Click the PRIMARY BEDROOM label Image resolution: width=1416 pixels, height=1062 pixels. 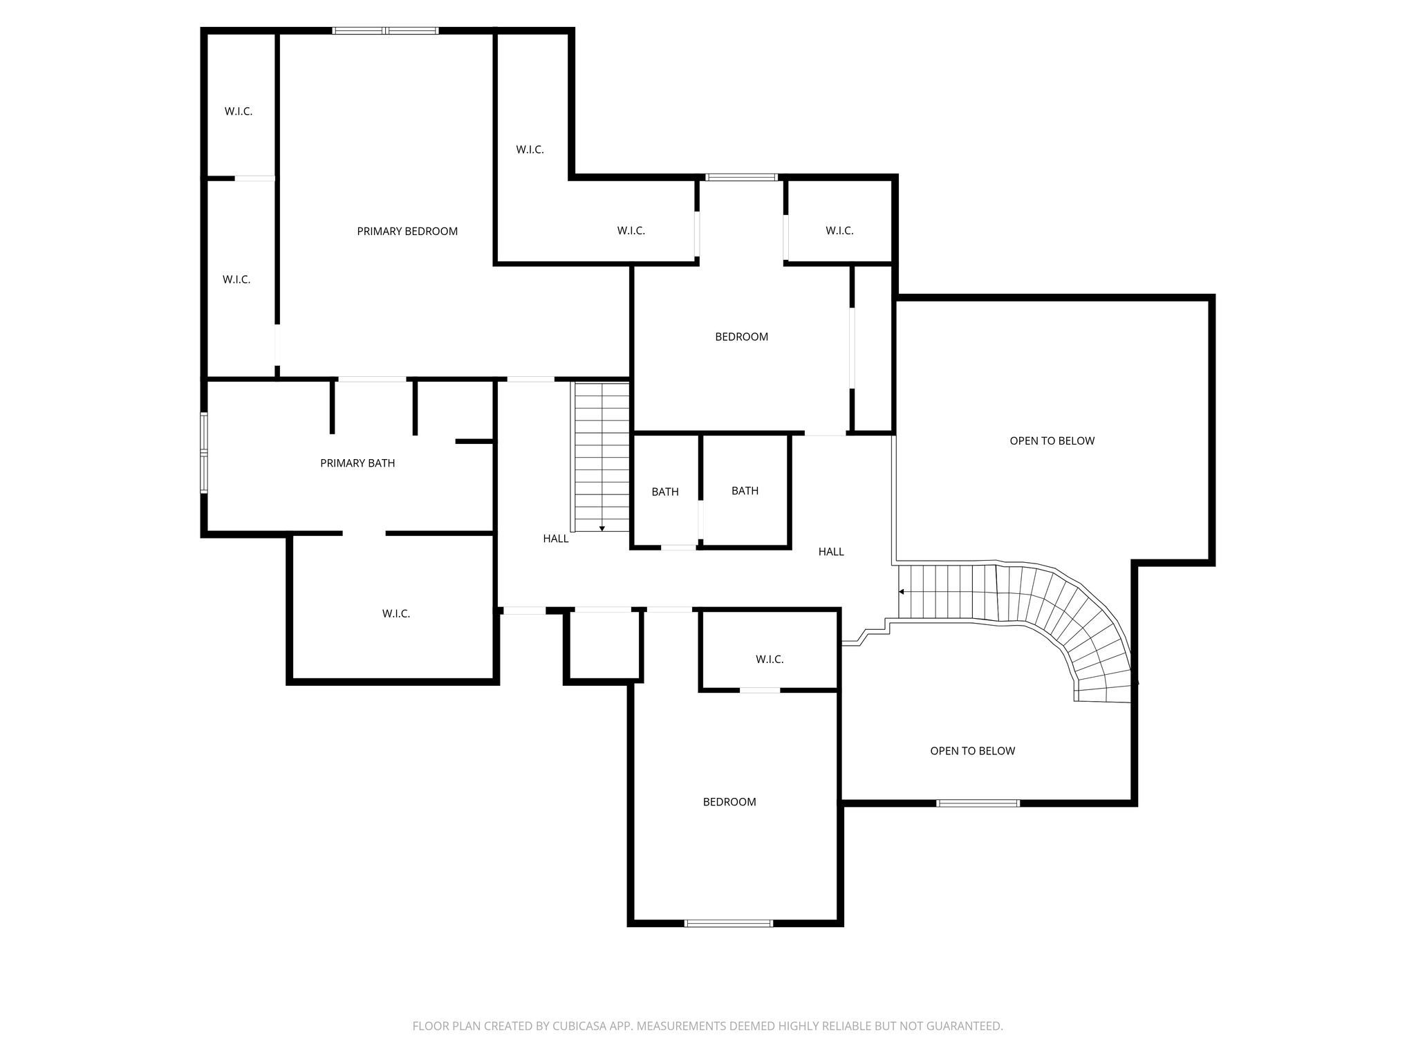pyautogui.click(x=407, y=232)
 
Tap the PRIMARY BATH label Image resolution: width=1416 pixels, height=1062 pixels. pyautogui.click(x=357, y=463)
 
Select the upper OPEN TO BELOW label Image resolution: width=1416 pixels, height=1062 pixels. pyautogui.click(x=1052, y=441)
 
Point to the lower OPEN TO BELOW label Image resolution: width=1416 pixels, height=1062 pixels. pyautogui.click(x=972, y=751)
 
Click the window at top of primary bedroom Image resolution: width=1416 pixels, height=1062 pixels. pyautogui.click(x=385, y=30)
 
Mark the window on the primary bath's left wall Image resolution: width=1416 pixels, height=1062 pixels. pyautogui.click(x=204, y=453)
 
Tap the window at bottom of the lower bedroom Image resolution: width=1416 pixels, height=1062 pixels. pyautogui.click(x=728, y=923)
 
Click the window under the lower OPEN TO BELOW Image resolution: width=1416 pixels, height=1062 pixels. pyautogui.click(x=978, y=803)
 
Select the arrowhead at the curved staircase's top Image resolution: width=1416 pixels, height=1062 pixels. pyautogui.click(x=902, y=592)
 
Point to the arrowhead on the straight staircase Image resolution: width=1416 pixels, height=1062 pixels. pyautogui.click(x=602, y=528)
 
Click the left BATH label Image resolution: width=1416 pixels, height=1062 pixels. pyautogui.click(x=665, y=492)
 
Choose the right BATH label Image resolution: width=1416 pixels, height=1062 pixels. pyautogui.click(x=745, y=491)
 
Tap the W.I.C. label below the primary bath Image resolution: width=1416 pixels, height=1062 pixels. pyautogui.click(x=396, y=614)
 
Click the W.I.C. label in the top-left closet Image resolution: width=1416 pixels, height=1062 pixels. pyautogui.click(x=239, y=111)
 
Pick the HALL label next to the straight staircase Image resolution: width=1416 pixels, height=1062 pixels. pyautogui.click(x=555, y=539)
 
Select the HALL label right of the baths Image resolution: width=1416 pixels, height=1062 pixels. pyautogui.click(x=831, y=552)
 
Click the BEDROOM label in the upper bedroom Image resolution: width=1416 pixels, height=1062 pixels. pyautogui.click(x=741, y=337)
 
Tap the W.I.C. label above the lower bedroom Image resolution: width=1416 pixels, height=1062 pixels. pyautogui.click(x=770, y=660)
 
